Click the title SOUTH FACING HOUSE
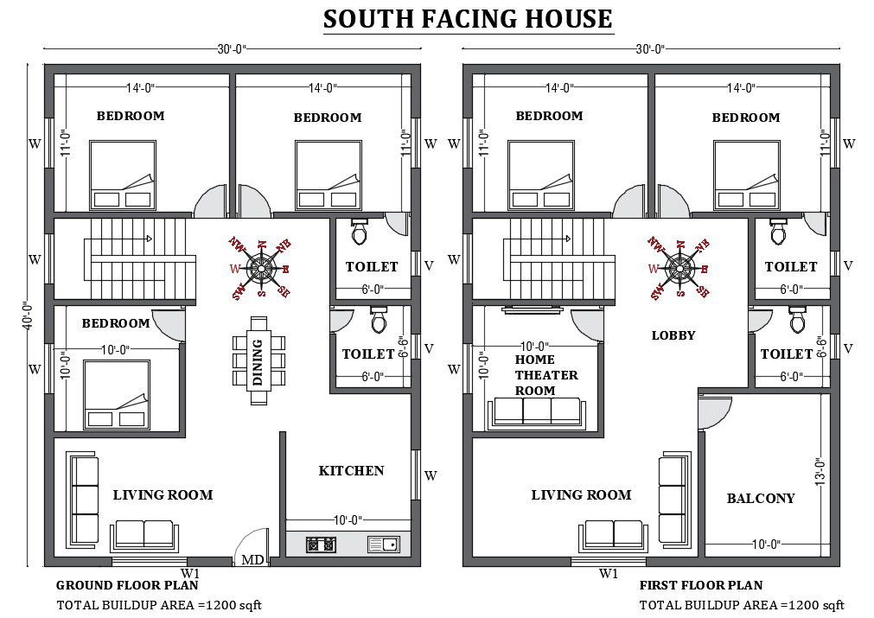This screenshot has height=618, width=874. click(468, 19)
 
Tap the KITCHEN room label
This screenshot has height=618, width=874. click(351, 471)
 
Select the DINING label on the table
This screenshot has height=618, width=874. click(258, 361)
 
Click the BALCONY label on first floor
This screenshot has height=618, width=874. click(760, 499)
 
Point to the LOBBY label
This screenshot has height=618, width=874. click(673, 335)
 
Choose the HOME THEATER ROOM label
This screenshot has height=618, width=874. click(546, 374)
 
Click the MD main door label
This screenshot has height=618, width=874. click(252, 560)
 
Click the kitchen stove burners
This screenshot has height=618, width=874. click(321, 545)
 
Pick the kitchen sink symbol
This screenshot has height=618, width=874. click(383, 545)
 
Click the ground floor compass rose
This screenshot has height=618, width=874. click(259, 268)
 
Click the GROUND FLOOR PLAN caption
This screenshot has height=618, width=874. click(121, 585)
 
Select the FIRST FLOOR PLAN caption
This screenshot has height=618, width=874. click(701, 585)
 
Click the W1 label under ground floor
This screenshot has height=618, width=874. click(190, 572)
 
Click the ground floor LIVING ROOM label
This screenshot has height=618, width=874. click(163, 495)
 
